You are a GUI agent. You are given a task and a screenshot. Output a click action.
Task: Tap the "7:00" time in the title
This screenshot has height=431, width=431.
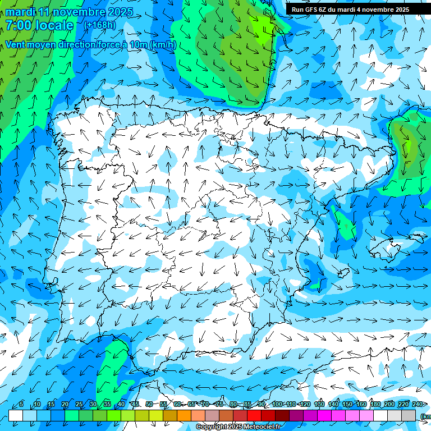[x=18, y=25]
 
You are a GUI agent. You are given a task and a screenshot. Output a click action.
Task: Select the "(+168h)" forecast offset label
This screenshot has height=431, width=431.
[x=100, y=25]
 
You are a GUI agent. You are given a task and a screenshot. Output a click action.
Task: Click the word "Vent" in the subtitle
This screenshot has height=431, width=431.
[x=15, y=45]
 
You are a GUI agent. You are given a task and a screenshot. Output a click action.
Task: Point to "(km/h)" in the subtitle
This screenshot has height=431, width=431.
[x=163, y=45]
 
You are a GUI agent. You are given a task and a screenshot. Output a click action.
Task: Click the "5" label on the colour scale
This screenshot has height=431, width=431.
[x=21, y=405]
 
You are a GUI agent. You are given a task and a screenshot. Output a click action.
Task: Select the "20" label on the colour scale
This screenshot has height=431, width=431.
[x=65, y=405]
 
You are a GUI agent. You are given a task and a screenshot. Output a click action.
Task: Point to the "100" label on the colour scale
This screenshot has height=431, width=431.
[x=277, y=405]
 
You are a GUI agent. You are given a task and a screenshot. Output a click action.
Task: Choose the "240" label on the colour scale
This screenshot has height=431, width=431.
[x=418, y=405]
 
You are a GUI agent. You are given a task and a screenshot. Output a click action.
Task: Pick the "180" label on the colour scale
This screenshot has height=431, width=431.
[x=375, y=405]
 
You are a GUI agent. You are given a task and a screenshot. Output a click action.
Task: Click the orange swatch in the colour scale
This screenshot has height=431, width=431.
[x=184, y=416]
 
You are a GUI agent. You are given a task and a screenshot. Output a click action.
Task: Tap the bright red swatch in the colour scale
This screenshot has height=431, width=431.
[x=254, y=416]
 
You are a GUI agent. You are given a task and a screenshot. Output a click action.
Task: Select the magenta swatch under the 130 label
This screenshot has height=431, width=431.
[x=324, y=416]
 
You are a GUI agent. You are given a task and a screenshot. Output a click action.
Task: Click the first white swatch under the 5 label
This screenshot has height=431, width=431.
[x=16, y=416]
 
